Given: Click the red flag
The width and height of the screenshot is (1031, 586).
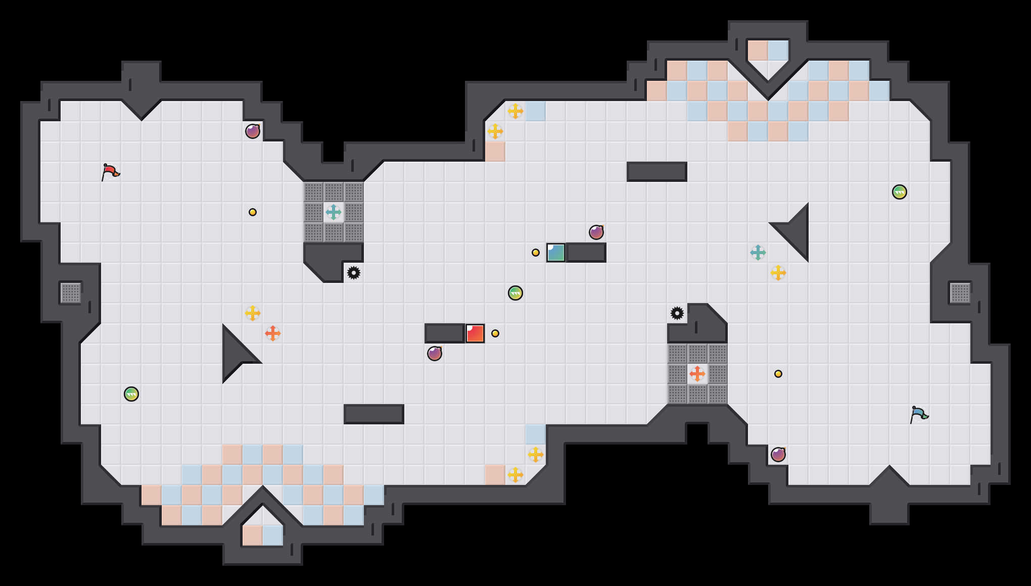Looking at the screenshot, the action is pyautogui.click(x=110, y=172).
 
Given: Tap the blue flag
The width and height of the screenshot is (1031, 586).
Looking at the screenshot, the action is pyautogui.click(x=919, y=414).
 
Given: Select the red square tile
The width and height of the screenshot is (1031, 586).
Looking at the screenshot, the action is pyautogui.click(x=475, y=333).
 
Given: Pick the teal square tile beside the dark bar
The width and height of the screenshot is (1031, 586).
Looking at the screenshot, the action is pyautogui.click(x=556, y=253).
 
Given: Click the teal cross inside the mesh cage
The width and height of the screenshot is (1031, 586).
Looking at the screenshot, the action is pyautogui.click(x=334, y=212).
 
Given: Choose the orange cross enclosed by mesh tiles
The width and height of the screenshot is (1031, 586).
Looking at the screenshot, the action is pyautogui.click(x=697, y=374).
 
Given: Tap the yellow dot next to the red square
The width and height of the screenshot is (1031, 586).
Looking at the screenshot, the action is pyautogui.click(x=495, y=333).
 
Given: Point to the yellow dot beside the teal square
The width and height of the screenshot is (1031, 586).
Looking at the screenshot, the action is pyautogui.click(x=536, y=253).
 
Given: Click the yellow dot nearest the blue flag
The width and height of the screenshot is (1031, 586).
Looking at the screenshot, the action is pyautogui.click(x=778, y=374).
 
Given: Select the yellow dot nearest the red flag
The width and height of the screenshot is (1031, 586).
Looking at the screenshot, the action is pyautogui.click(x=253, y=212).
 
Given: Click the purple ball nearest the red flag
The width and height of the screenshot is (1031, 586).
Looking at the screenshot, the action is pyautogui.click(x=253, y=131).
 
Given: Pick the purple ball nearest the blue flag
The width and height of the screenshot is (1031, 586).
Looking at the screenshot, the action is pyautogui.click(x=778, y=455).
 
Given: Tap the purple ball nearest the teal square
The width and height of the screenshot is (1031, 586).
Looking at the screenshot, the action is pyautogui.click(x=596, y=232).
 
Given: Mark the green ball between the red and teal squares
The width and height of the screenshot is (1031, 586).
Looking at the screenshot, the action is pyautogui.click(x=515, y=293).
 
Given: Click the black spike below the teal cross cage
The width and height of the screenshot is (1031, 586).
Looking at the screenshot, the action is pyautogui.click(x=354, y=273).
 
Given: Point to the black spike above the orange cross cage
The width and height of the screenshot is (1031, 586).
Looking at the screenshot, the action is pyautogui.click(x=677, y=313).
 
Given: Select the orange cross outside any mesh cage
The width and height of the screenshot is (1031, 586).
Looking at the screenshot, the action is pyautogui.click(x=273, y=333).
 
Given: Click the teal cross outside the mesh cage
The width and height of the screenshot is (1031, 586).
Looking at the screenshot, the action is pyautogui.click(x=758, y=253).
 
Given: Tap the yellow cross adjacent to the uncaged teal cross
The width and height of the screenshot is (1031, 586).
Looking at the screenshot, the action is pyautogui.click(x=778, y=273).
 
